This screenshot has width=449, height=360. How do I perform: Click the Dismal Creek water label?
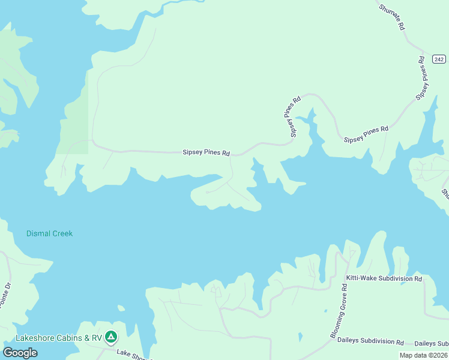point(49,233)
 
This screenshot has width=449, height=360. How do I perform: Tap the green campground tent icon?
point(111,337)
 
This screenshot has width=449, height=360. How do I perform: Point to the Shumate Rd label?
point(393,17)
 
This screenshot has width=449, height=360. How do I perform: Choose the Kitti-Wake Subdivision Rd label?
point(384,278)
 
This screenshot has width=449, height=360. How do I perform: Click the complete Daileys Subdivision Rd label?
point(370,342)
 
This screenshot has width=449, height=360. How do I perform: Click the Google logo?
point(20,353)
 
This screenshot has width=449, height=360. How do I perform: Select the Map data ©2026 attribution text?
point(423,355)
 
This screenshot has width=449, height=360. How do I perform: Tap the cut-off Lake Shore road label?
point(133,354)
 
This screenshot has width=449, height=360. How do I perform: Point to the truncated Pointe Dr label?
point(6,297)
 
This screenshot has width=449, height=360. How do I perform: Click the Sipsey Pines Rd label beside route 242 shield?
point(423,78)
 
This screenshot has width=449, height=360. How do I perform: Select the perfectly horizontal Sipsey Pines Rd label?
point(206,153)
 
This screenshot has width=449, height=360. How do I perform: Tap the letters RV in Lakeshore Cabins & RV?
point(96,338)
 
